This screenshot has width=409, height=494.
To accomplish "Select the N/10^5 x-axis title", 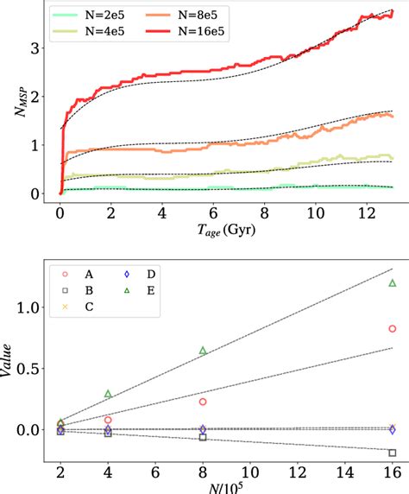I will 225,483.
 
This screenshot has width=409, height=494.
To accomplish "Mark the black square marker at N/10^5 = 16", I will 393,453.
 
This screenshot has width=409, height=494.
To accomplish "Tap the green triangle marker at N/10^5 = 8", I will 203,351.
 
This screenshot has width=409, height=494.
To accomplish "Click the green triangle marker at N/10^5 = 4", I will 108,394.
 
